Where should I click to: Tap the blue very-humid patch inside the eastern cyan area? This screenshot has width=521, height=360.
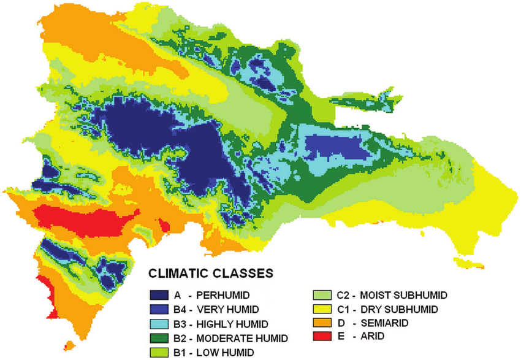[331, 147]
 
